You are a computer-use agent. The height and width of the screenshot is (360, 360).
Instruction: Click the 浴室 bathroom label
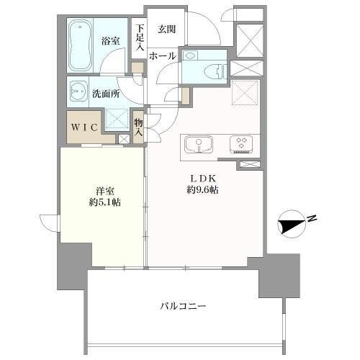click(x=111, y=42)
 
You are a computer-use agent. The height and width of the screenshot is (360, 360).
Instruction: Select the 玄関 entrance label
click(x=167, y=29)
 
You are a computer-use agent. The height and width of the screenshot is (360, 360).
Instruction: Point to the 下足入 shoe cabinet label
click(x=139, y=38)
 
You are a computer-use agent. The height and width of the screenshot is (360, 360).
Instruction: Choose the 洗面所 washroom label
click(x=105, y=94)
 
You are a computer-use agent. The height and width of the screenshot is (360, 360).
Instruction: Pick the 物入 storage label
click(x=139, y=128)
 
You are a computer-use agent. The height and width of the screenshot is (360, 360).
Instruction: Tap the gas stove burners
click(x=240, y=143)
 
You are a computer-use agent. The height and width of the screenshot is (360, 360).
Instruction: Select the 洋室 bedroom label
click(x=106, y=192)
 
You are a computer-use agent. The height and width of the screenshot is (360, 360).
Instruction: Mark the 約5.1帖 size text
click(x=106, y=203)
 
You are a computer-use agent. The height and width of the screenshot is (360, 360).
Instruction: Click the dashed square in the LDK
click(x=245, y=91)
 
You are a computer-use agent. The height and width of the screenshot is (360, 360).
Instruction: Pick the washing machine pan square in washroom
click(x=117, y=120)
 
